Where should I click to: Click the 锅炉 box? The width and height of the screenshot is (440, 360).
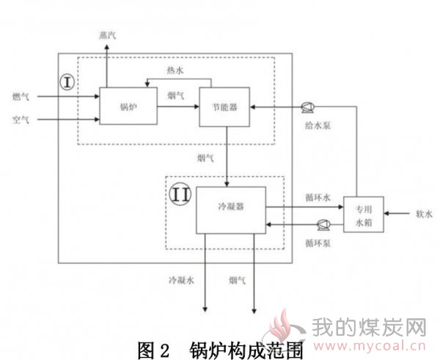pyautogui.click(x=128, y=106)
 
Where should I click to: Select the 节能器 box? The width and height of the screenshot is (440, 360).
pyautogui.click(x=224, y=107)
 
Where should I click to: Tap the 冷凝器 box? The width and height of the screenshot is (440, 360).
pyautogui.click(x=231, y=210)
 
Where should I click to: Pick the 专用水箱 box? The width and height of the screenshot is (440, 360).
pyautogui.click(x=364, y=214)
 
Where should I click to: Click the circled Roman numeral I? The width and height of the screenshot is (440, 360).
pyautogui.click(x=67, y=83)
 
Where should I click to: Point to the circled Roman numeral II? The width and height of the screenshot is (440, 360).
pyautogui.click(x=180, y=194)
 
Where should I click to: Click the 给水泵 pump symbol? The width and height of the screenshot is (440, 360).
pyautogui.click(x=307, y=107)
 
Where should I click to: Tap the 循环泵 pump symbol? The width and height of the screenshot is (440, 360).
pyautogui.click(x=323, y=224)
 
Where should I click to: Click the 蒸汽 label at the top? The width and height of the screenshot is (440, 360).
pyautogui.click(x=107, y=35)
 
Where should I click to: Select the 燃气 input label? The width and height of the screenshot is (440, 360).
pyautogui.click(x=21, y=97)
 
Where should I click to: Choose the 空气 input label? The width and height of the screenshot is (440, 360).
pyautogui.click(x=21, y=120)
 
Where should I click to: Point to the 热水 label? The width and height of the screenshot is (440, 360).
pyautogui.click(x=175, y=70)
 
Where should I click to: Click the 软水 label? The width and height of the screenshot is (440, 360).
pyautogui.click(x=424, y=214)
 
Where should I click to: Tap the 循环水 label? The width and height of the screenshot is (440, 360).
pyautogui.click(x=318, y=198)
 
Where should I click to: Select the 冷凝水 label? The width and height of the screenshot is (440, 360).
pyautogui.click(x=181, y=280)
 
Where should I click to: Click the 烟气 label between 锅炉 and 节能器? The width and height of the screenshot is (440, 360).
pyautogui.click(x=176, y=95)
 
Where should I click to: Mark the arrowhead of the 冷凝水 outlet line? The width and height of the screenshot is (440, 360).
pyautogui.click(x=205, y=309)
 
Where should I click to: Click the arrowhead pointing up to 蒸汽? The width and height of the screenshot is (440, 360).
pyautogui.click(x=106, y=47)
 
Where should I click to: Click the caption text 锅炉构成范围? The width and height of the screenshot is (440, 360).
pyautogui.click(x=246, y=350)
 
